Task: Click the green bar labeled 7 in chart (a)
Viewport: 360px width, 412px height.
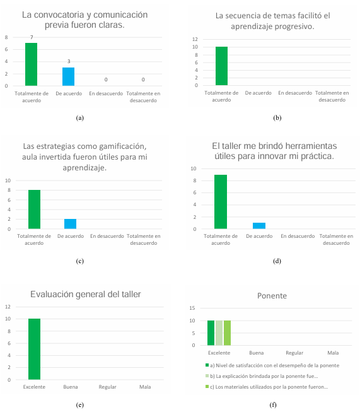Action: coord(31,64)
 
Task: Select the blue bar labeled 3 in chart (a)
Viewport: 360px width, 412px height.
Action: coord(68,76)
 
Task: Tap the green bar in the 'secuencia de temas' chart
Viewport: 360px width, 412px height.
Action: coord(221,66)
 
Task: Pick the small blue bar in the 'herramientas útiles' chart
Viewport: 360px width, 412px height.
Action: coord(258,226)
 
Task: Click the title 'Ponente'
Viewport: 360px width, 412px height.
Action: coord(272,295)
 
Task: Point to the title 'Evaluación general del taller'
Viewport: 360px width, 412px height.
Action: coord(86,293)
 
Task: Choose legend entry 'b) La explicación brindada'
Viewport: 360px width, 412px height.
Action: coord(265,376)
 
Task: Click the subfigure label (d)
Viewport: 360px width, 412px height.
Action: coord(277,261)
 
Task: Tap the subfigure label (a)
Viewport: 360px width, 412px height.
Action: coord(79,117)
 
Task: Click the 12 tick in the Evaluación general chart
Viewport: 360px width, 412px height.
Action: coord(8,307)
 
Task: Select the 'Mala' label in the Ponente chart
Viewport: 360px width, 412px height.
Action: coord(333,353)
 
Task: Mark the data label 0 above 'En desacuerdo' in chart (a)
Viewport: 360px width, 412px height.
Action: coord(105,79)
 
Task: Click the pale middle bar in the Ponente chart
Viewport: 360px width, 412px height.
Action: coord(219,333)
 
